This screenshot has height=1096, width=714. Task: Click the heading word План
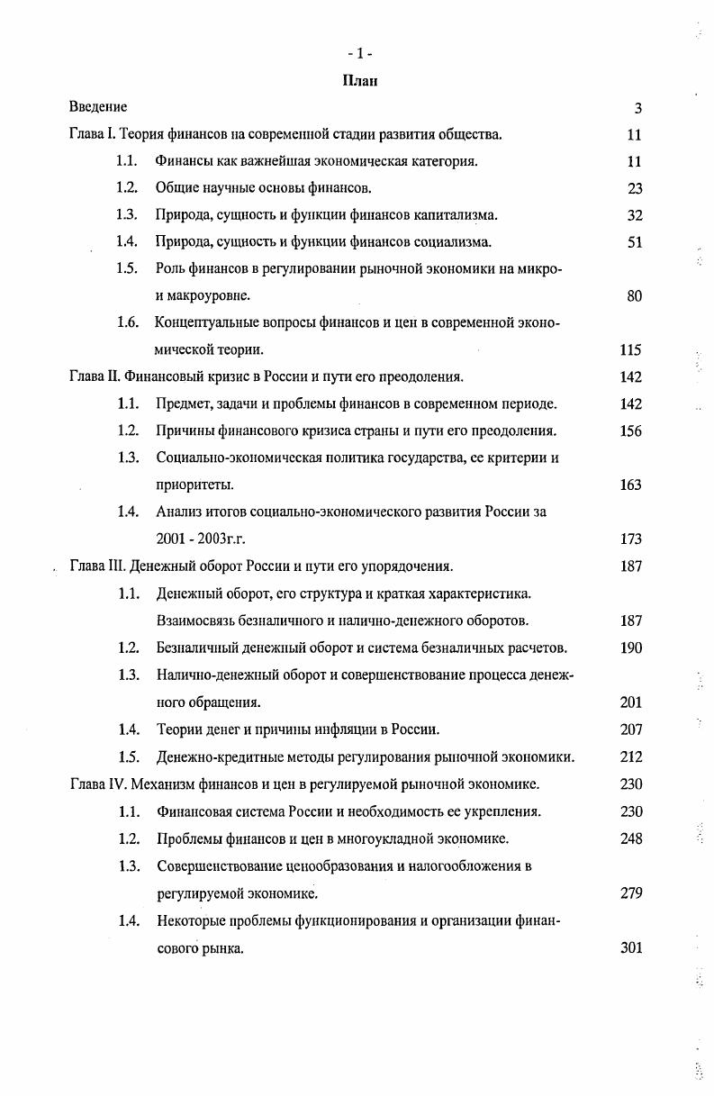(x=360, y=81)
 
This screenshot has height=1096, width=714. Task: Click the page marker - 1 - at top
(x=360, y=53)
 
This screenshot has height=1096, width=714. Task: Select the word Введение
(x=98, y=107)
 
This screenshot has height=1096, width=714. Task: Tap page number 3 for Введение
(x=637, y=108)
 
